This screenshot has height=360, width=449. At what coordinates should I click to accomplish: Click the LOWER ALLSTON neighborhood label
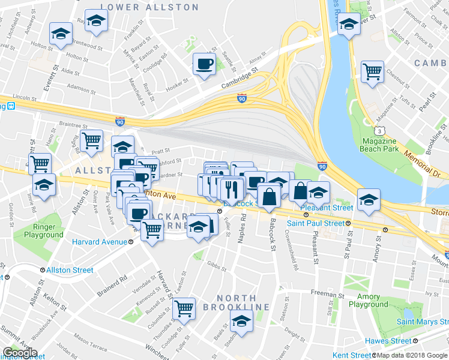[x=149, y=7]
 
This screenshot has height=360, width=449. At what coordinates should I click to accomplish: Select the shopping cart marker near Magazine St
[x=372, y=72]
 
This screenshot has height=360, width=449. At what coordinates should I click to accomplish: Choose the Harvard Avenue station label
[x=100, y=242]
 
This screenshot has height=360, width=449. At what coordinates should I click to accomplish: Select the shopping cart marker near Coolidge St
[x=184, y=309]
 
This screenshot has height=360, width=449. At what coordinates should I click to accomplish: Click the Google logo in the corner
[x=19, y=353]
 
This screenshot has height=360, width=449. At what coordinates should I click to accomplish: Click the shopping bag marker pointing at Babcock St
[x=269, y=196]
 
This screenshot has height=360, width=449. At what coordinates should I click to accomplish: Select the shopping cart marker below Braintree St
[x=91, y=141]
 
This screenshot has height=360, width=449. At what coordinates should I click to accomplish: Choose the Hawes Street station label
[x=406, y=341]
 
